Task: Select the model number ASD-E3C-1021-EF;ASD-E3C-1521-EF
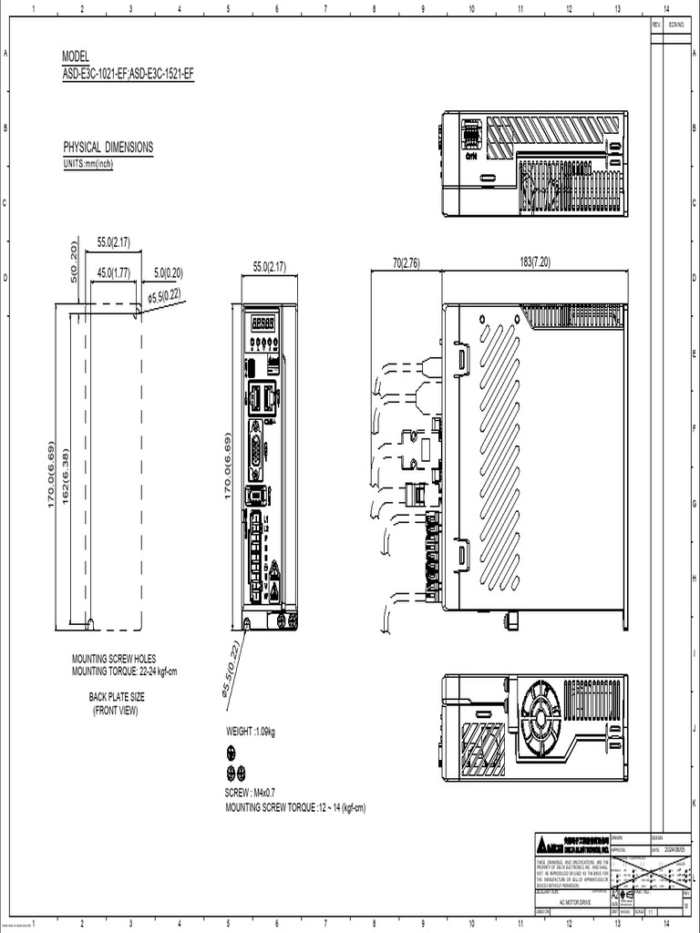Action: [x=128, y=74]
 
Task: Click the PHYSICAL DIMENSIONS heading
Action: [x=108, y=147]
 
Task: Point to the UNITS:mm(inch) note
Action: [x=87, y=164]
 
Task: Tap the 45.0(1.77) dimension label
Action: [x=113, y=272]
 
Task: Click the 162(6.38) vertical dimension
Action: [x=66, y=475]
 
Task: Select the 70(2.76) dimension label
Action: [x=406, y=263]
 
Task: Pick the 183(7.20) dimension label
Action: [x=535, y=263]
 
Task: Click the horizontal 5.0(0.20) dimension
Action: [x=168, y=272]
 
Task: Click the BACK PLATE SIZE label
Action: [x=116, y=697]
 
